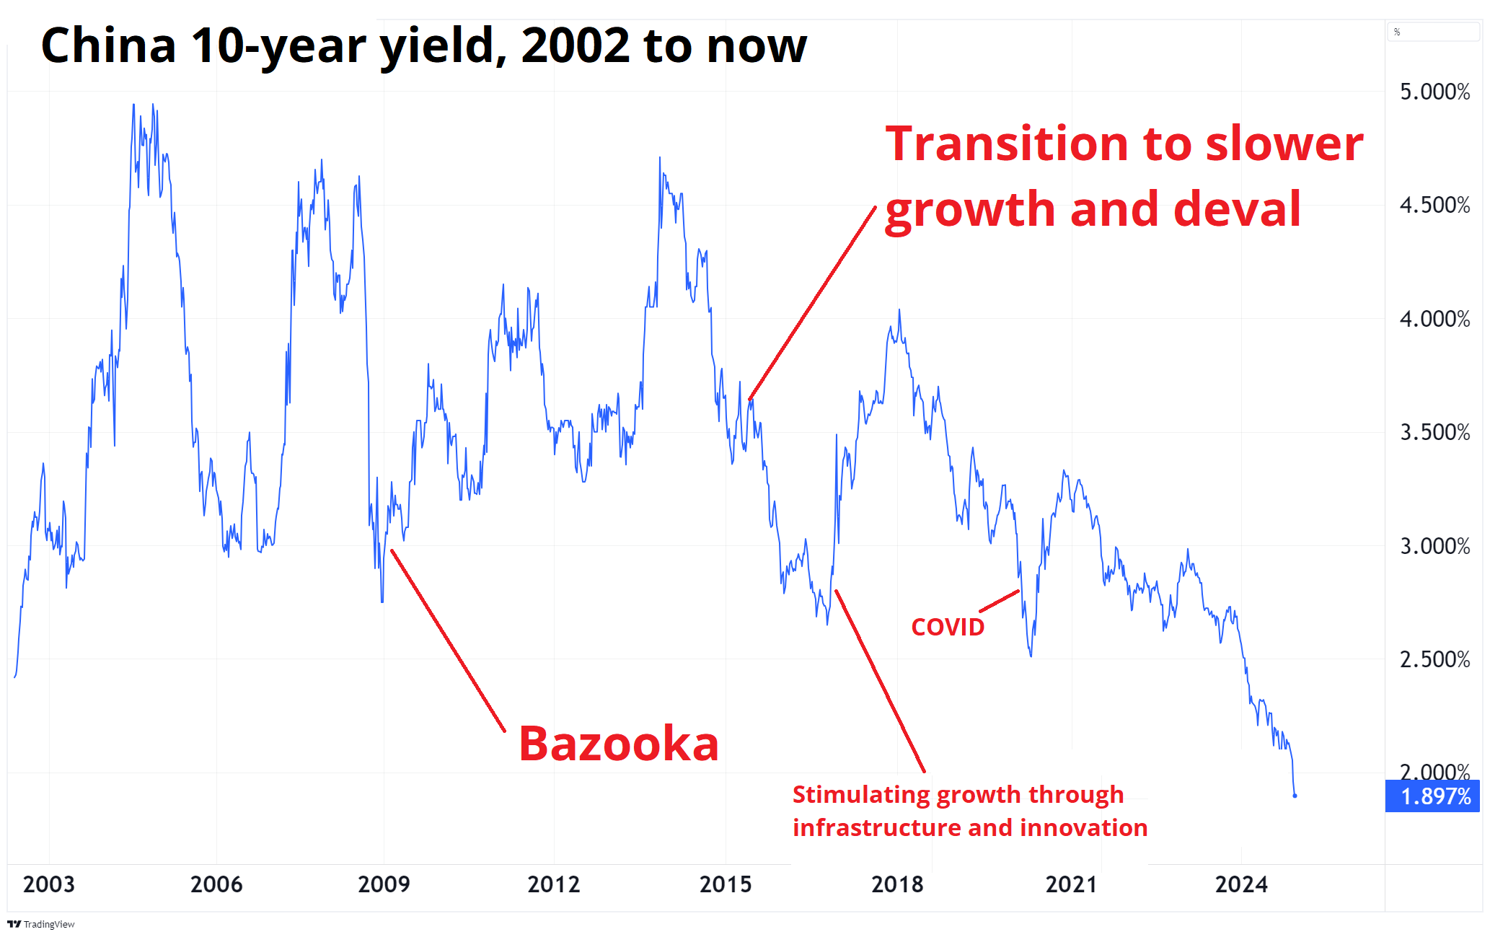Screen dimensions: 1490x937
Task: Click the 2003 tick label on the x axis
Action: [49, 884]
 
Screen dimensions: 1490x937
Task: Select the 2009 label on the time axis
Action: [384, 884]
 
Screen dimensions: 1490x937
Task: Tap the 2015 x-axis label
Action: [726, 884]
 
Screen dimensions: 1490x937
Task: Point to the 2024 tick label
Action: [1241, 884]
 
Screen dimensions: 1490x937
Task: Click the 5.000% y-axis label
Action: [1435, 92]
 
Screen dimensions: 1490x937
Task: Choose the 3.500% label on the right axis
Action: [1435, 432]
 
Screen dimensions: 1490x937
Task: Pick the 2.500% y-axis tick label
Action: [1435, 659]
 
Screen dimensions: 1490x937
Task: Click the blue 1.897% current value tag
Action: [1432, 796]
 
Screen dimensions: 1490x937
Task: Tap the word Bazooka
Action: [619, 744]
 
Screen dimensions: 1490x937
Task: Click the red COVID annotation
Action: [948, 627]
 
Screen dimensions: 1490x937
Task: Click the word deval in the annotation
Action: [1238, 208]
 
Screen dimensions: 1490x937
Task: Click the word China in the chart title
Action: [109, 45]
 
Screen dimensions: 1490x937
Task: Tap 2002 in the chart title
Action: [576, 45]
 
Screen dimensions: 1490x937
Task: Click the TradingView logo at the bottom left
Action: [41, 924]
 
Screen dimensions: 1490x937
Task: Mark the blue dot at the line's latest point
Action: [1295, 796]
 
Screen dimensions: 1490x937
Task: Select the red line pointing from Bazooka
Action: [448, 641]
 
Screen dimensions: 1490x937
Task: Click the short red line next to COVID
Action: [999, 601]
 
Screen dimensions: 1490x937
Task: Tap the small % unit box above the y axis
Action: [1433, 32]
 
